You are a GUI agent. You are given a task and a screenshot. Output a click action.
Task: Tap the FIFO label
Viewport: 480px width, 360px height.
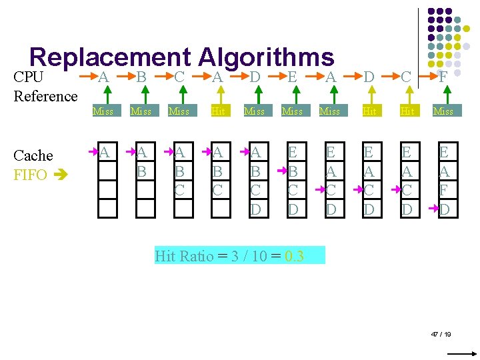click(31, 175)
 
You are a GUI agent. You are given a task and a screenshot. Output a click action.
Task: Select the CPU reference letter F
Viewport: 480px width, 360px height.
click(443, 77)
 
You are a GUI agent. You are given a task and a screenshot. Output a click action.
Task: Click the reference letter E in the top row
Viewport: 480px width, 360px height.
click(292, 77)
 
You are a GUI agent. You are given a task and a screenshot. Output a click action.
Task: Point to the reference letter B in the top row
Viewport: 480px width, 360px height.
click(141, 77)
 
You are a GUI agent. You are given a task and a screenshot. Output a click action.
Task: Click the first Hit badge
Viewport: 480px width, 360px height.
click(218, 111)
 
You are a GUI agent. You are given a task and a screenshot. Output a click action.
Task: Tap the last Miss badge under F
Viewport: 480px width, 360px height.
click(443, 111)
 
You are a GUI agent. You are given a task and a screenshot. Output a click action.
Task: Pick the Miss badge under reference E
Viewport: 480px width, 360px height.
click(292, 111)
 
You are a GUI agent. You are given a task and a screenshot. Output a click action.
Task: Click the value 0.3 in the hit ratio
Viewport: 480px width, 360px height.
click(294, 256)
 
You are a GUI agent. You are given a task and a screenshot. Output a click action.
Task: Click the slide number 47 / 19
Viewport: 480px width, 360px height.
click(441, 333)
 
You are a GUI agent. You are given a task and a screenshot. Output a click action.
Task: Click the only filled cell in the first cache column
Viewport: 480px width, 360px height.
click(105, 153)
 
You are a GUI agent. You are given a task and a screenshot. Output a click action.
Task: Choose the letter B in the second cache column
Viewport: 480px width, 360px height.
click(142, 172)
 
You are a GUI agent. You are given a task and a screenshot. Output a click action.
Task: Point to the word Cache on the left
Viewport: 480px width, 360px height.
click(33, 155)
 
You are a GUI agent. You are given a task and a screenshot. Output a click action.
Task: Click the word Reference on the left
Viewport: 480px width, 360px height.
click(45, 96)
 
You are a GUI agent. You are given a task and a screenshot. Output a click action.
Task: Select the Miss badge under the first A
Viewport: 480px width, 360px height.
click(103, 111)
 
